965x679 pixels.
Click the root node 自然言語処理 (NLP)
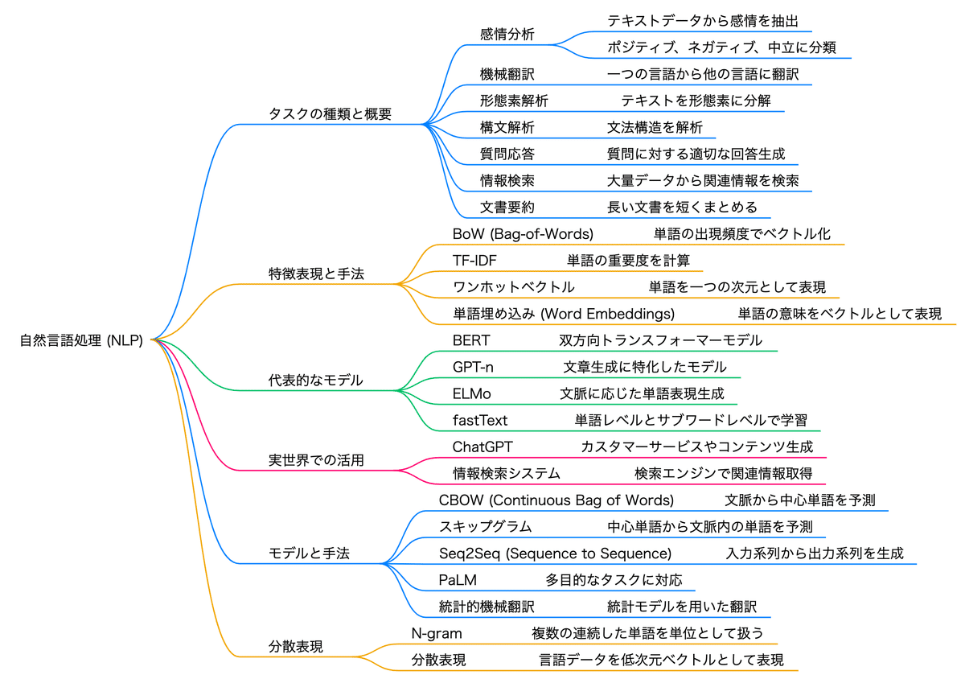tap(81, 340)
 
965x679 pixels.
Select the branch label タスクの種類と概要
tap(330, 113)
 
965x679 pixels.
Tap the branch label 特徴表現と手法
tap(316, 274)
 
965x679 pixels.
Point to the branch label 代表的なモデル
tap(316, 380)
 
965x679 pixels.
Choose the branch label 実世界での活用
tap(316, 460)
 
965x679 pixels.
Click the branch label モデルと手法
tap(309, 553)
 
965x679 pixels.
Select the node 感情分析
tap(507, 34)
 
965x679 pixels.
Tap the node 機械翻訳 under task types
tap(507, 74)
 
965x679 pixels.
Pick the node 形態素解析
tap(514, 101)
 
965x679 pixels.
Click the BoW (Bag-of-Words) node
tap(523, 233)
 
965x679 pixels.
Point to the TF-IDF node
tap(474, 261)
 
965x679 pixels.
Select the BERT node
tap(471, 340)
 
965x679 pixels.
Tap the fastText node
tap(480, 420)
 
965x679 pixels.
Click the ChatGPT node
tap(482, 446)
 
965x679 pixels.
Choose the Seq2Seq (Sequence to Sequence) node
tap(556, 553)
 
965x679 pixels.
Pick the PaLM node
tap(458, 580)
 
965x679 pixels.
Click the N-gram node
tap(437, 633)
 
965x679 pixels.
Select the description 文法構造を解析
tap(655, 127)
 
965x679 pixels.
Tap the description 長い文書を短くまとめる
tap(682, 207)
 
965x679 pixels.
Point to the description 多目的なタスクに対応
tap(614, 580)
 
